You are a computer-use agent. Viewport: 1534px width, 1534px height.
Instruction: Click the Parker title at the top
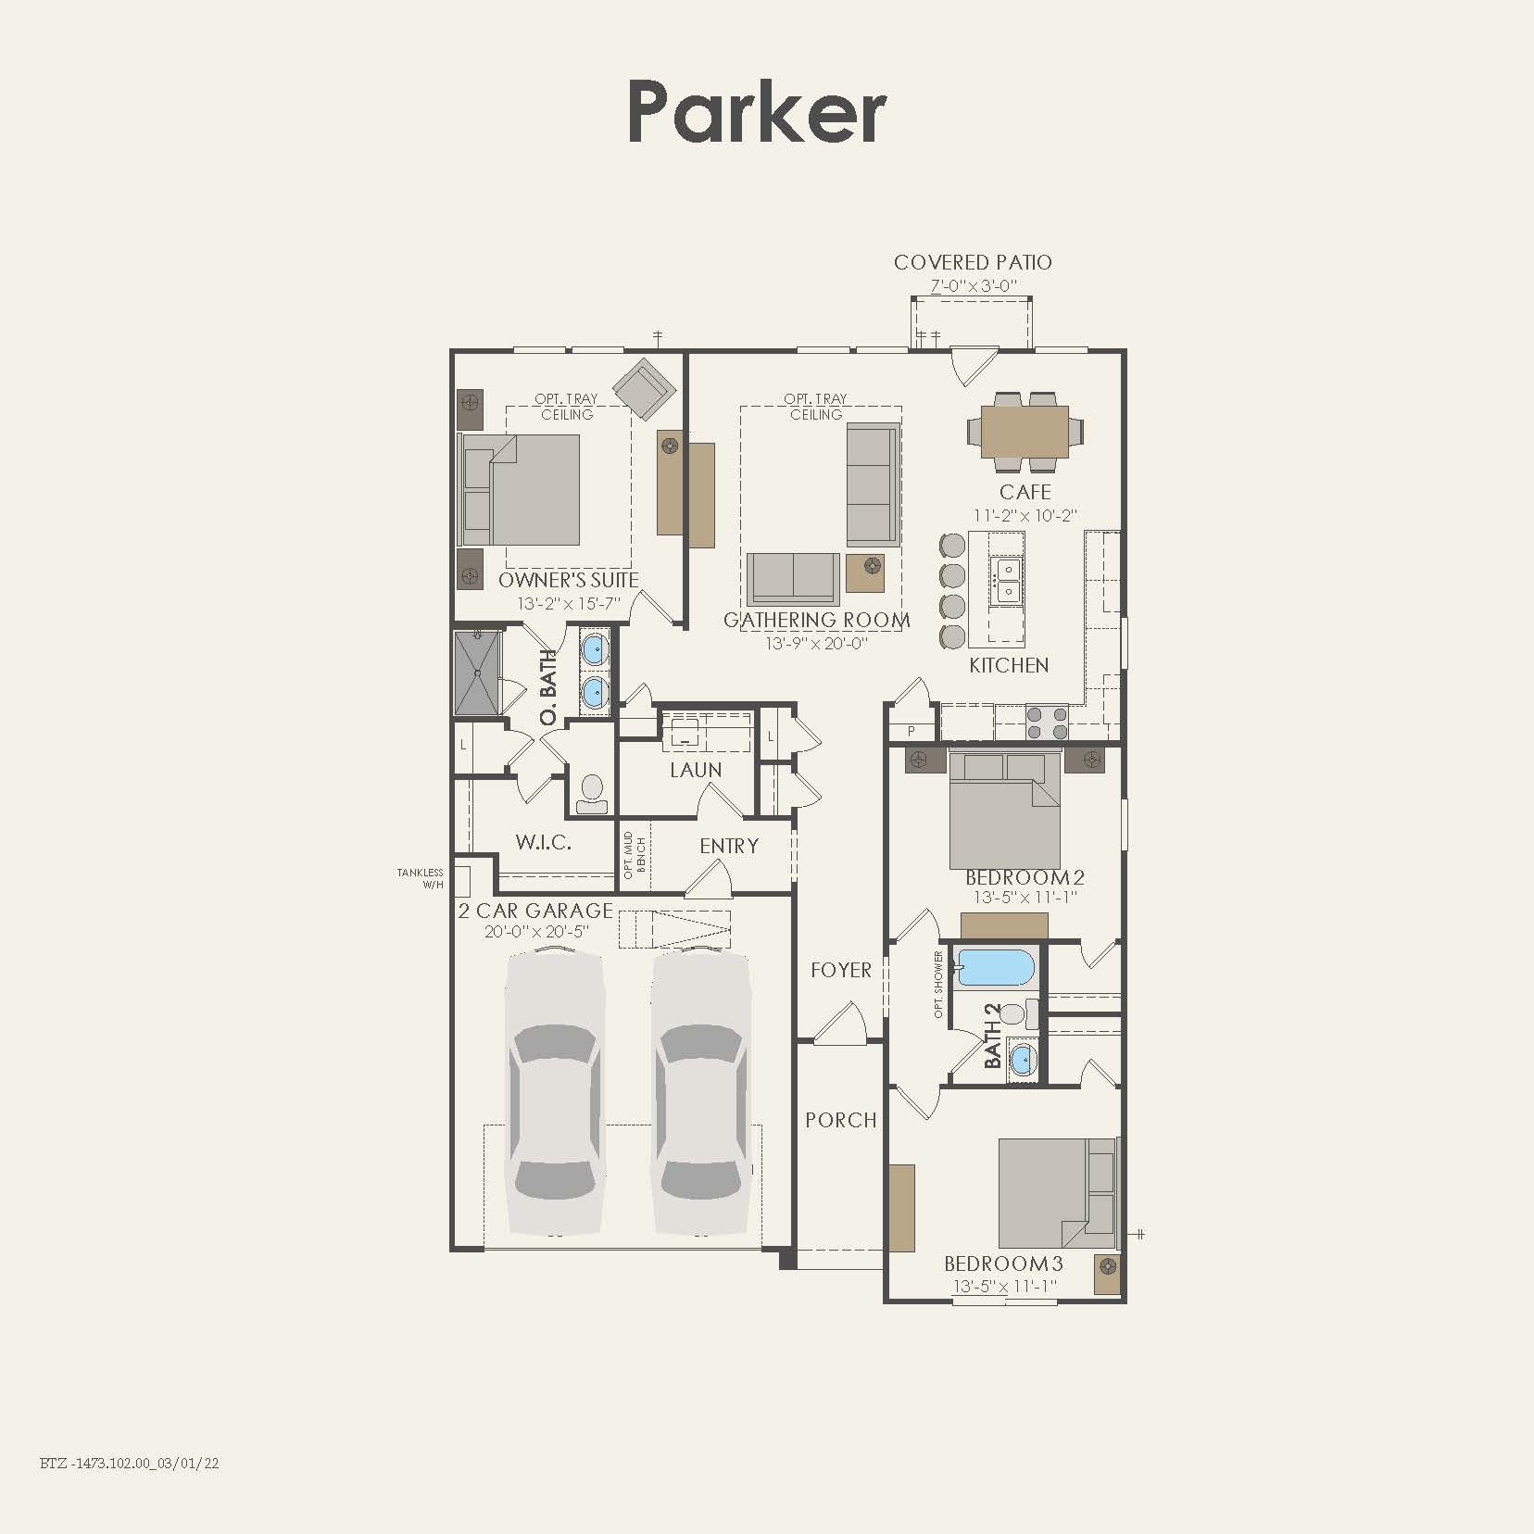[757, 112]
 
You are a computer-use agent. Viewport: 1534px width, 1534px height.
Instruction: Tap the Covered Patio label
[973, 262]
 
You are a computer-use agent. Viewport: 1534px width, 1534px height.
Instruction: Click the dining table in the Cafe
[1025, 432]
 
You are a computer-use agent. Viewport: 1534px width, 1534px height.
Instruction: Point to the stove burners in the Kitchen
[1047, 723]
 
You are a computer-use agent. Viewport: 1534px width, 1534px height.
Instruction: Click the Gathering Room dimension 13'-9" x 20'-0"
[816, 643]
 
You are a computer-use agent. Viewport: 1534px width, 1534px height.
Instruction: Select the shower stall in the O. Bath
[478, 673]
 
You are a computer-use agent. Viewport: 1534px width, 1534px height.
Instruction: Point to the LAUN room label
[696, 770]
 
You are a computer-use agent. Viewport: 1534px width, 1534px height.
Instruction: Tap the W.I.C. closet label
[543, 842]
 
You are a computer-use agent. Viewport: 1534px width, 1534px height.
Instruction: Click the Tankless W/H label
[421, 878]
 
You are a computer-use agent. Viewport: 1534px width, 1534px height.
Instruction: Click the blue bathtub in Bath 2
[995, 967]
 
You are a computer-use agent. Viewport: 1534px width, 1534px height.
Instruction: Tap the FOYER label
[841, 970]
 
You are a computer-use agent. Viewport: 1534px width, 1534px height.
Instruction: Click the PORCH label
[841, 1120]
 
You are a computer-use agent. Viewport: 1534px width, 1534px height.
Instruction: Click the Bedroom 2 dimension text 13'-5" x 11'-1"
[1025, 898]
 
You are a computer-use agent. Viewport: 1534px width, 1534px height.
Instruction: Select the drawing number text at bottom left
[130, 1464]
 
